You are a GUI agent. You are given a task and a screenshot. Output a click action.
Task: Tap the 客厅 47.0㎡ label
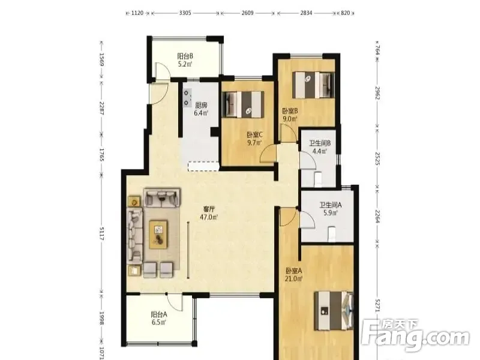coord(209,213)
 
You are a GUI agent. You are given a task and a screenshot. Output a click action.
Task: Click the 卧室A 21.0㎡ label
coord(294,275)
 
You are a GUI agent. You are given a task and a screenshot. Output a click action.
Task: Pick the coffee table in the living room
coord(158,234)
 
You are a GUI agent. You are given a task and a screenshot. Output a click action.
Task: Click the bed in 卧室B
coord(313,85)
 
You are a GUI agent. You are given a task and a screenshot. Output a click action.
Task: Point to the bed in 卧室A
coord(334,311)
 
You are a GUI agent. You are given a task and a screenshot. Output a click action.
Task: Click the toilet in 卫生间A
coord(331,233)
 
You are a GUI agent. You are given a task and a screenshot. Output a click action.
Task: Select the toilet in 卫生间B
coord(318,179)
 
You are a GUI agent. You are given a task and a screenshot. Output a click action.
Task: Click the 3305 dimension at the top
coord(185,13)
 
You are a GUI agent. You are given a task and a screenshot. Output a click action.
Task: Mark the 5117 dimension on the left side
coord(102,233)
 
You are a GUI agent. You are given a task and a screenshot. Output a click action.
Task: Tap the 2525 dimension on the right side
coord(377,158)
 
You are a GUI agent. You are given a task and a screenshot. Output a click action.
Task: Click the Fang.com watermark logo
coord(415,336)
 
